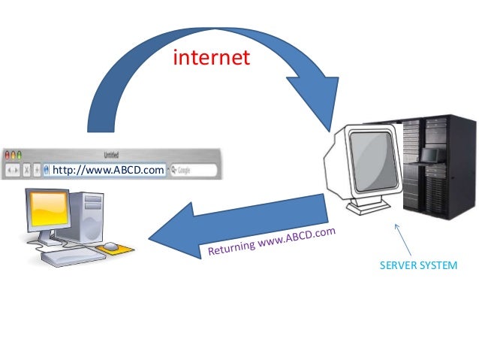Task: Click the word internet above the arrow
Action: [x=211, y=57]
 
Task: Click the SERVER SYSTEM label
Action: [x=418, y=266]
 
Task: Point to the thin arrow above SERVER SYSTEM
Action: [x=405, y=239]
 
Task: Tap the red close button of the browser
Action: [x=7, y=155]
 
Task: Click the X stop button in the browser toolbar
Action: [x=27, y=171]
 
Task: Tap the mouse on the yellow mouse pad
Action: [x=111, y=246]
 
